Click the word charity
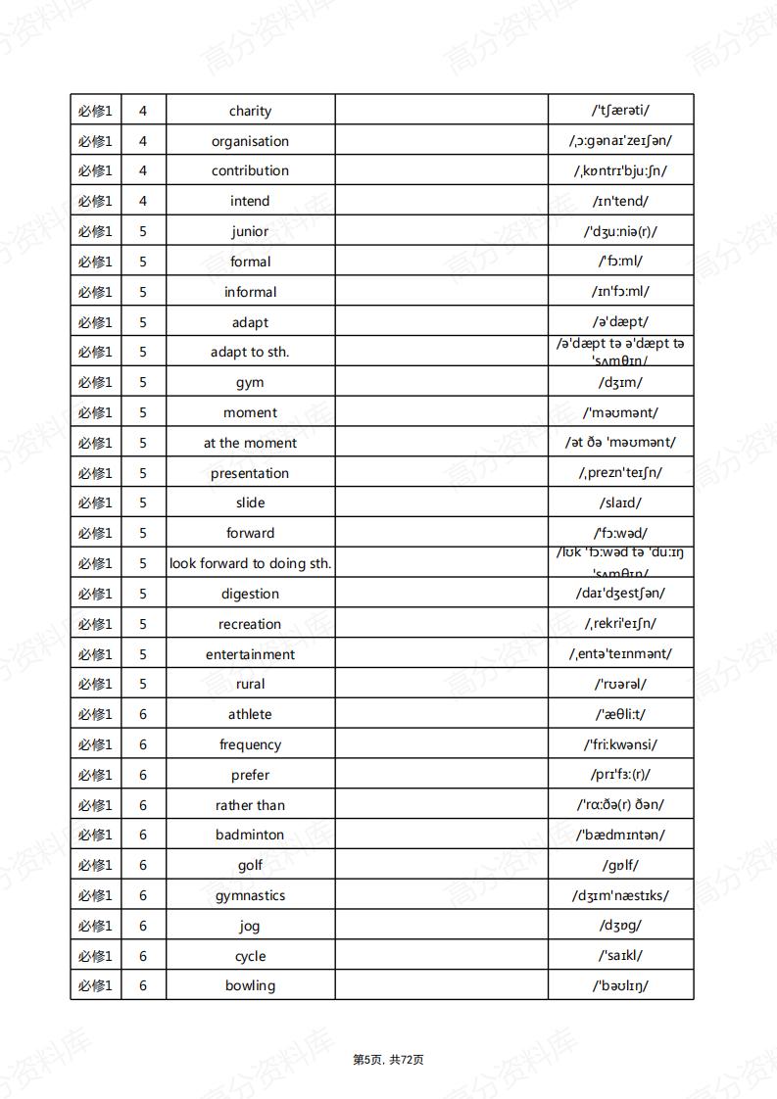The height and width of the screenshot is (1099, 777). (250, 111)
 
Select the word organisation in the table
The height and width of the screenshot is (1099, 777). (250, 141)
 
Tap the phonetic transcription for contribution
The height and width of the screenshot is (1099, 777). (620, 170)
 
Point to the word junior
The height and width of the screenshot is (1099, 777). (250, 231)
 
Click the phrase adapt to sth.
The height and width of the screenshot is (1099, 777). (250, 352)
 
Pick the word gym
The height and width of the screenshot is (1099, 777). (250, 382)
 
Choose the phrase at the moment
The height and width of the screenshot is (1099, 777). (250, 443)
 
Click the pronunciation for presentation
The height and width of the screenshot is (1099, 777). (620, 472)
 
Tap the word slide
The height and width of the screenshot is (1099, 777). (250, 502)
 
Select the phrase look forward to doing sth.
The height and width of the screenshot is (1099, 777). (250, 563)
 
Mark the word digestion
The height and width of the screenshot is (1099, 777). (250, 594)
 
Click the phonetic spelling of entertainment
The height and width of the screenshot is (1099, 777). (620, 653)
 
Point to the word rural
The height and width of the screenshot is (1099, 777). (250, 684)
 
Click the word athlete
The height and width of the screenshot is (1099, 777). (250, 714)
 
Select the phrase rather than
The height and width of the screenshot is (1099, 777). (250, 805)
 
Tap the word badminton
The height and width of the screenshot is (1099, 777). (250, 835)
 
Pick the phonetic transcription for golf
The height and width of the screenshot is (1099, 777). (620, 865)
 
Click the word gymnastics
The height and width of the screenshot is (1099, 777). (250, 895)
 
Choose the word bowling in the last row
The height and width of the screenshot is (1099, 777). (250, 985)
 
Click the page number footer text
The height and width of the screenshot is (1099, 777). (388, 1060)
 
